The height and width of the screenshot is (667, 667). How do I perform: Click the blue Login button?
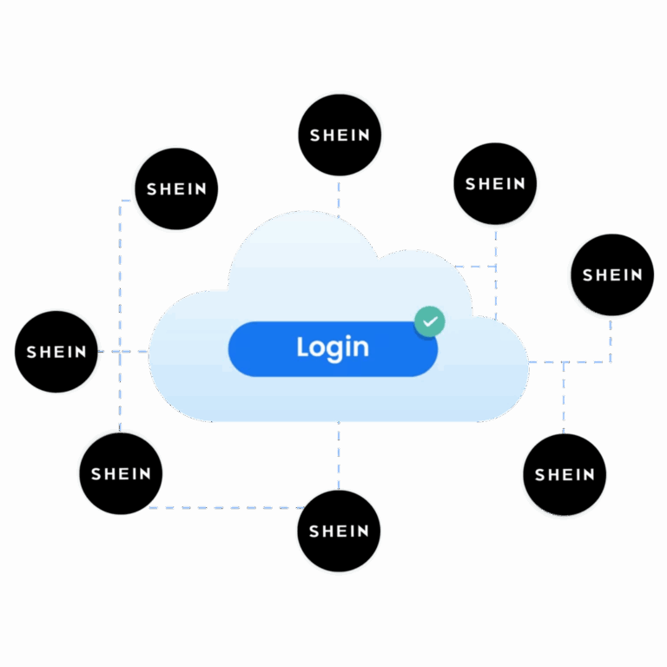(333, 349)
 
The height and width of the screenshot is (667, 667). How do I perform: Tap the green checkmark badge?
(430, 321)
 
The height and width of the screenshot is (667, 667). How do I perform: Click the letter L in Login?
(303, 347)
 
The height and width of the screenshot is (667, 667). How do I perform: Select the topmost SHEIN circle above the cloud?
(340, 135)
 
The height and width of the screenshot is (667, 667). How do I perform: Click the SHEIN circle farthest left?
(56, 352)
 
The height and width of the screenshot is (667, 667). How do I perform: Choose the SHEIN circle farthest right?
(612, 274)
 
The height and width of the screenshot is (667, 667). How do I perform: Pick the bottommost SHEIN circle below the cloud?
(339, 531)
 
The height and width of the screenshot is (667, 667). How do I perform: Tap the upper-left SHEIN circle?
(176, 188)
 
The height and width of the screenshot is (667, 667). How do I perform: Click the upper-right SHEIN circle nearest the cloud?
(495, 184)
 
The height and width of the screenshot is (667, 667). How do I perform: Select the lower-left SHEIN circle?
(121, 474)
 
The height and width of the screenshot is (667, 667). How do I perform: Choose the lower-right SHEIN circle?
(565, 475)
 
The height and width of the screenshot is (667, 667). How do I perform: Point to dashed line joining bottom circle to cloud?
(339, 456)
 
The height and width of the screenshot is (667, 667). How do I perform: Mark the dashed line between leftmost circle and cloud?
(123, 352)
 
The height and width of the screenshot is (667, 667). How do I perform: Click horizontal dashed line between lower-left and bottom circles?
(227, 507)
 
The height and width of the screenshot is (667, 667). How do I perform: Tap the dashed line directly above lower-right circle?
(564, 398)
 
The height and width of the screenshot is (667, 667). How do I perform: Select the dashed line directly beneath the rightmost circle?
(611, 339)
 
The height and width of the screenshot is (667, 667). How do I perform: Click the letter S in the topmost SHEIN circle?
(314, 135)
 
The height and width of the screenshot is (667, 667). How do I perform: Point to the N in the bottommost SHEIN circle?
(363, 532)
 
